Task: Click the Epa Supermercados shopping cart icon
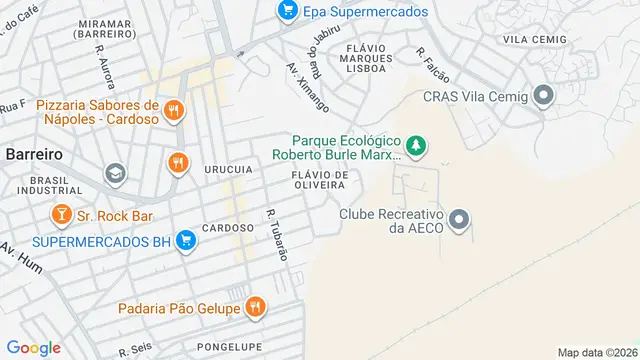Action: [x=288, y=11]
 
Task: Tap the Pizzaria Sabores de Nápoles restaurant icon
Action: [x=175, y=111]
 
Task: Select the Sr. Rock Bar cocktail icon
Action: [x=61, y=214]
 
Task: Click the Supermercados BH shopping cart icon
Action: [x=184, y=241]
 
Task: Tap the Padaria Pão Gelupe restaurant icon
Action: [x=256, y=307]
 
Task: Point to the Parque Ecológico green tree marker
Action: [x=415, y=147]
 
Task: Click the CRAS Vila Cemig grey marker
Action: [x=544, y=97]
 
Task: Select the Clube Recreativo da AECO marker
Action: [x=459, y=219]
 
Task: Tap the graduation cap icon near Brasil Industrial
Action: [x=115, y=174]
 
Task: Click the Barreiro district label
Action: [x=34, y=155]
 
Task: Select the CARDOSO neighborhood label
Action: [x=227, y=227]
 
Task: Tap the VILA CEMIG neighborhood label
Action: [x=529, y=39]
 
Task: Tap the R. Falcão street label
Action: [x=434, y=64]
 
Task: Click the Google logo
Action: [x=34, y=348]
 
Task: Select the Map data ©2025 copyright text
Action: [x=596, y=352]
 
